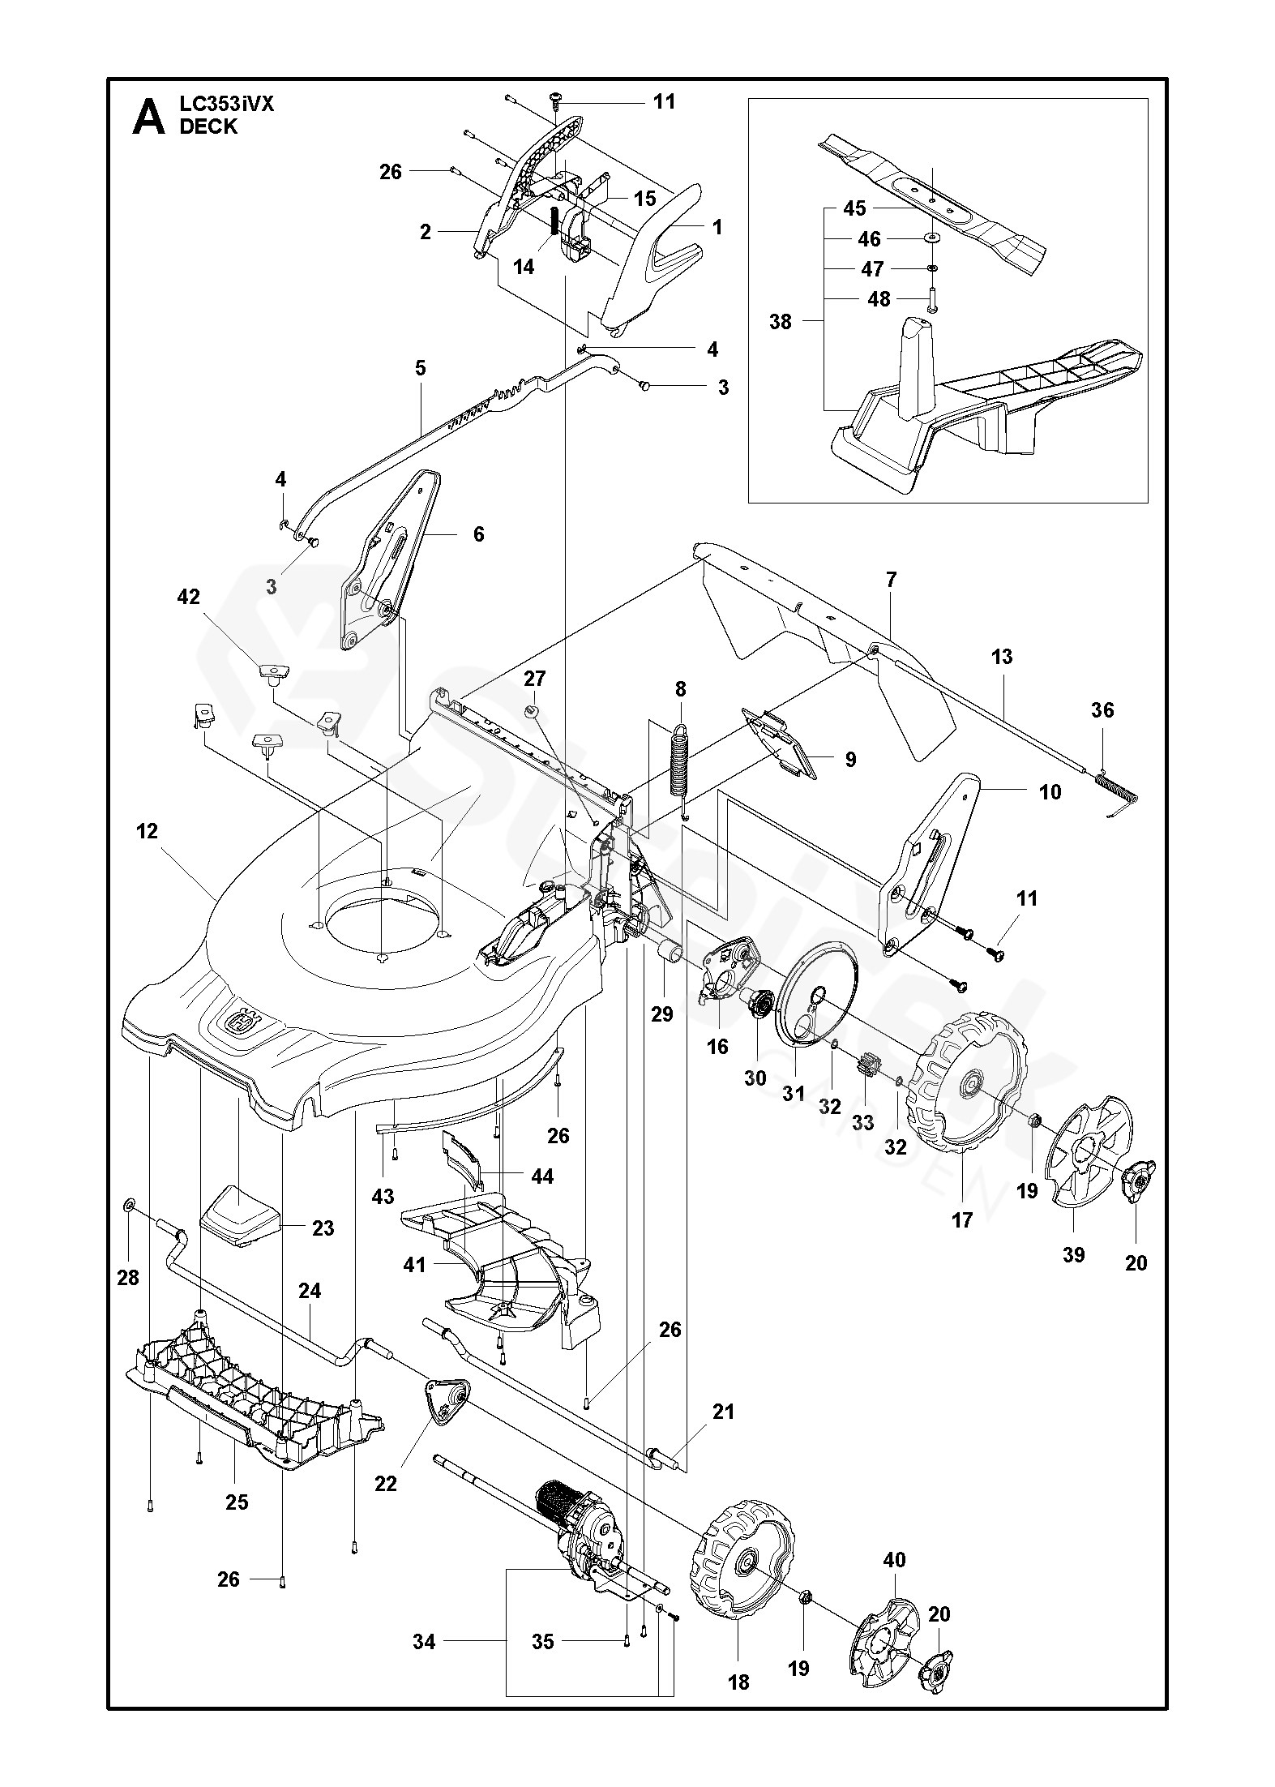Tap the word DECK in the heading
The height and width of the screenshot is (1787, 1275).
(x=208, y=126)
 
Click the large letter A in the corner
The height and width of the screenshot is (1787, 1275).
(x=148, y=118)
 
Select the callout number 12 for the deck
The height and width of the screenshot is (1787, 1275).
(x=148, y=831)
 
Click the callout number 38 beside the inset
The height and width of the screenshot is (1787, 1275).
(x=780, y=322)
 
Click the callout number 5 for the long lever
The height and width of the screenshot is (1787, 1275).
(x=420, y=368)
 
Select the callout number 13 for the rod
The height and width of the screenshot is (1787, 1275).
(x=1002, y=656)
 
